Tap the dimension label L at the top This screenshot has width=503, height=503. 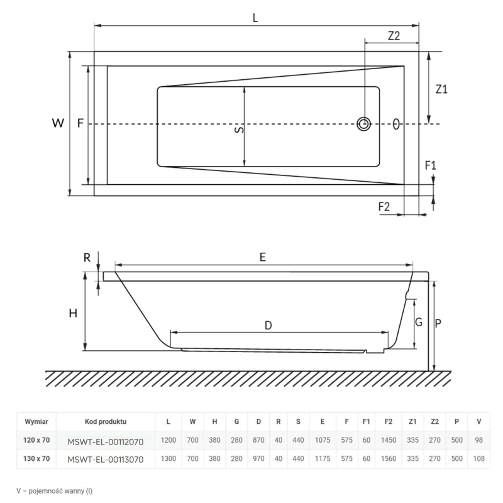pyautogui.click(x=255, y=18)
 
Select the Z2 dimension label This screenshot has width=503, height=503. pyautogui.click(x=394, y=36)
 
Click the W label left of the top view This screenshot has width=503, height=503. pyautogui.click(x=58, y=124)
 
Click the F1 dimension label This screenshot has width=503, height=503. pyautogui.click(x=431, y=166)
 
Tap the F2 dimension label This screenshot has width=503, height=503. pyautogui.click(x=385, y=206)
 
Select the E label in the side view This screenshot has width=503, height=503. pyautogui.click(x=263, y=257)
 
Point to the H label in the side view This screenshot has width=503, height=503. pyautogui.click(x=73, y=313)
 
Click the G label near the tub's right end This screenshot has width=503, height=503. pyautogui.click(x=418, y=323)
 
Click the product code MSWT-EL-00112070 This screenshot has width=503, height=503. pyautogui.click(x=105, y=441)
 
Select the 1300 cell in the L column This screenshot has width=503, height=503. pyautogui.click(x=169, y=459)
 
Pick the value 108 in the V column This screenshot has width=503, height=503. pyautogui.click(x=479, y=459)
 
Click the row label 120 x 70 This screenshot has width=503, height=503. pyautogui.click(x=36, y=441)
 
